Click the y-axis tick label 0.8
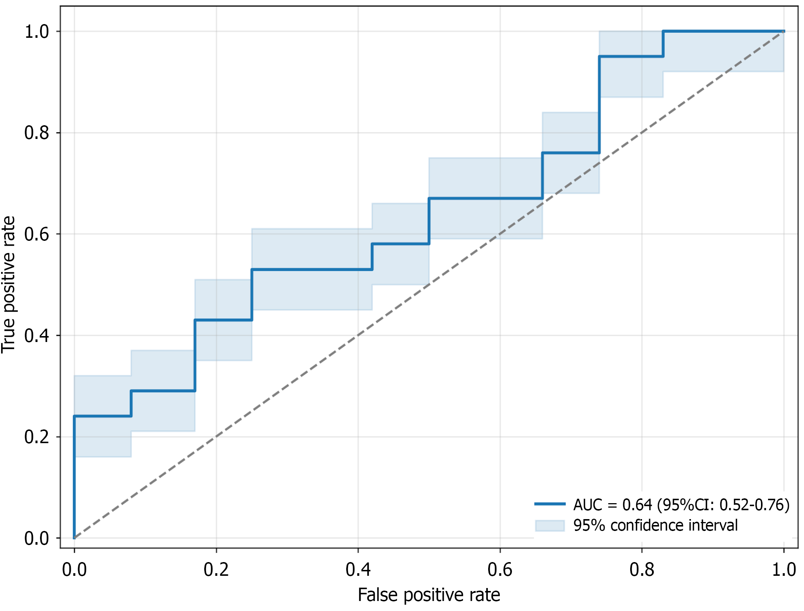36,133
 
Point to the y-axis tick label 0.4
36,335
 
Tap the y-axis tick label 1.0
36,31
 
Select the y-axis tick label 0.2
36,437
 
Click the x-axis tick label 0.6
500,570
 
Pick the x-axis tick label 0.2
216,570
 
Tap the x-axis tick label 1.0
784,570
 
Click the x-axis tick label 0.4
358,570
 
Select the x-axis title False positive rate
429,595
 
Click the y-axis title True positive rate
8,285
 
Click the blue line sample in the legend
550,504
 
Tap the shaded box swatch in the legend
550,525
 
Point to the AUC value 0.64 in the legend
637,505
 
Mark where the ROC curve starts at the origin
75,538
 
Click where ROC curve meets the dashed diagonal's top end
784,31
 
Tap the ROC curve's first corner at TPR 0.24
75,416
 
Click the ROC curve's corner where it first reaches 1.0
663,31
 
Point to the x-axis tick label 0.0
75,570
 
